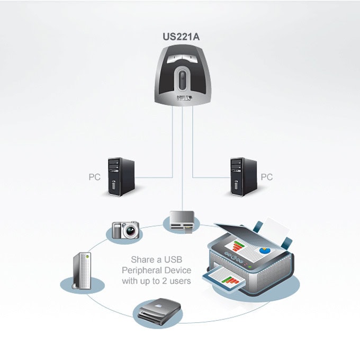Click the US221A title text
click(x=181, y=37)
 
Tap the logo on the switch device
click(x=184, y=98)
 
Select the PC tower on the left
click(x=121, y=176)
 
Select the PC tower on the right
click(x=244, y=176)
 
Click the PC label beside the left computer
click(x=95, y=177)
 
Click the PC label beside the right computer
click(x=267, y=177)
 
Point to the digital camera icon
click(x=125, y=230)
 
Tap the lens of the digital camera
click(x=131, y=231)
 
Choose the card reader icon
click(x=182, y=222)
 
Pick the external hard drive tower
click(x=82, y=271)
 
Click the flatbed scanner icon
click(x=159, y=311)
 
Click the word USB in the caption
click(x=173, y=259)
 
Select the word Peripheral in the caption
click(x=140, y=271)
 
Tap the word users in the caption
click(x=180, y=281)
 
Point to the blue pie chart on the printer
click(x=265, y=250)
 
